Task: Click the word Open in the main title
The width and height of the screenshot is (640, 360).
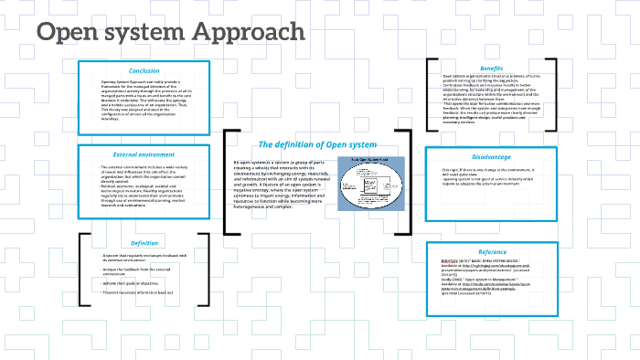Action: pos(69,32)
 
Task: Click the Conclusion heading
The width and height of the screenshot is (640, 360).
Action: pos(144,70)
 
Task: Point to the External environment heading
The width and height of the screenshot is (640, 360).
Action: pos(144,154)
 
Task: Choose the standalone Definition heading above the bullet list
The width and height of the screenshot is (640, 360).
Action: pos(144,243)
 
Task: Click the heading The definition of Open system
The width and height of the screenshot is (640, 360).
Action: pos(316,144)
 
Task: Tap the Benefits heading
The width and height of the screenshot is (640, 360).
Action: pos(491,69)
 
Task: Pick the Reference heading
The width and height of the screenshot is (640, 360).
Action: pos(492,251)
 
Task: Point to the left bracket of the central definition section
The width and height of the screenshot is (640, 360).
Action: pos(226,183)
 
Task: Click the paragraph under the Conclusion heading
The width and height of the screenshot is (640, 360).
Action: pos(144,100)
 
